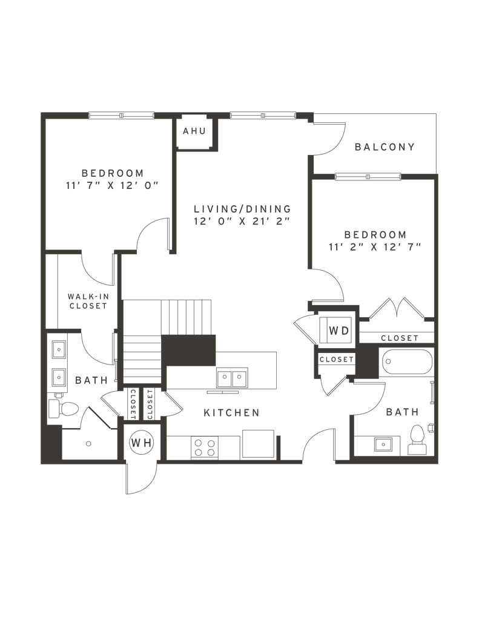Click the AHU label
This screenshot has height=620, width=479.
pyautogui.click(x=194, y=131)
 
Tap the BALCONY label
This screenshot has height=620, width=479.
pyautogui.click(x=385, y=147)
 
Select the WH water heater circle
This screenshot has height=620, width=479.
pyautogui.click(x=141, y=443)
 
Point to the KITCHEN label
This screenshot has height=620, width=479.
pyautogui.click(x=231, y=413)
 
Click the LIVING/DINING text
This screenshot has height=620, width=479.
pyautogui.click(x=242, y=208)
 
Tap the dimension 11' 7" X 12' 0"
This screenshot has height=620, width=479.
pyautogui.click(x=113, y=185)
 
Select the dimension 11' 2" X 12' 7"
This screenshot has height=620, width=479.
pyautogui.click(x=375, y=246)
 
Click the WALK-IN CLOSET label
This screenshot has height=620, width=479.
pyautogui.click(x=88, y=301)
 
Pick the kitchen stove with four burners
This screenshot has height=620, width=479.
pyautogui.click(x=205, y=447)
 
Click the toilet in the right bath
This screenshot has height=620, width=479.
pyautogui.click(x=417, y=440)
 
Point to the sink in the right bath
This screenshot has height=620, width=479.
pyautogui.click(x=383, y=444)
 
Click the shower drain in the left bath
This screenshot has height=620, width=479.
pyautogui.click(x=88, y=444)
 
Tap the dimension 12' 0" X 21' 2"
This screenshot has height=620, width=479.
pyautogui.click(x=242, y=221)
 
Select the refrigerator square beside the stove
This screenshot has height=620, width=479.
pyautogui.click(x=259, y=444)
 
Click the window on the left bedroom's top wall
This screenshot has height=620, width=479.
pyautogui.click(x=121, y=116)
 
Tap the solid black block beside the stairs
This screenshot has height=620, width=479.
pyautogui.click(x=188, y=351)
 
